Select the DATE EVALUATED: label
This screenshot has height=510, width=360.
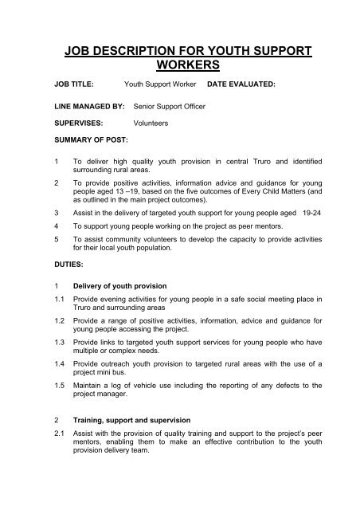point(247,82)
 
